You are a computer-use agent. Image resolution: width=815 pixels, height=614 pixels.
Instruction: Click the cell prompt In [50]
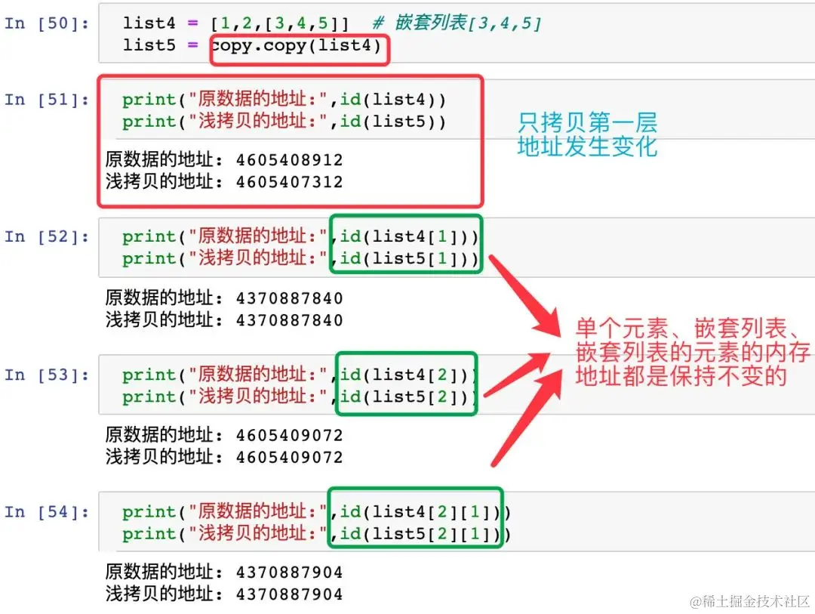(x=47, y=23)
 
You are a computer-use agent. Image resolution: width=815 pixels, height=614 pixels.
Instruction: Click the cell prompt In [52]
(x=47, y=237)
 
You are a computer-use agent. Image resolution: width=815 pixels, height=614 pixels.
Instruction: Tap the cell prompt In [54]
(x=47, y=513)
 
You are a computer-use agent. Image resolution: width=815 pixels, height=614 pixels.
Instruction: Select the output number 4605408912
(x=289, y=160)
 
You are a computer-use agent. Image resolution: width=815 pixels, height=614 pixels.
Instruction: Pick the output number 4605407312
(x=289, y=182)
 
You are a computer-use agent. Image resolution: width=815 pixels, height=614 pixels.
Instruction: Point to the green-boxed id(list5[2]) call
(x=406, y=396)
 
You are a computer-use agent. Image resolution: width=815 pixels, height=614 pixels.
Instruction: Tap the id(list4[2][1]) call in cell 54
(x=420, y=513)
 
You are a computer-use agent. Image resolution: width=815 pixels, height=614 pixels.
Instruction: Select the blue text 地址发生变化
(x=587, y=147)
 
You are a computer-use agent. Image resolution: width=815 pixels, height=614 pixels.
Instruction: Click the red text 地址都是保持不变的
(x=681, y=375)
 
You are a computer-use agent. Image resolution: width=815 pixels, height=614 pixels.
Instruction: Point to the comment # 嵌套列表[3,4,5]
(x=468, y=23)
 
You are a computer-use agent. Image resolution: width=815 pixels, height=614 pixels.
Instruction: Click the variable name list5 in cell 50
(x=149, y=45)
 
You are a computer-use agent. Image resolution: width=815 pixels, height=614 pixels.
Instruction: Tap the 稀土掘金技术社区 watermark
(x=749, y=601)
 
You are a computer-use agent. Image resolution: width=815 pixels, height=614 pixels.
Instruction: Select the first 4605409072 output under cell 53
(x=289, y=436)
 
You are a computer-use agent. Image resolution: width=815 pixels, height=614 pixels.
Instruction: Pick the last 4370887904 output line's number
(x=289, y=594)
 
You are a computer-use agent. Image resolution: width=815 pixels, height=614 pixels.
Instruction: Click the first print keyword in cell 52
(x=149, y=237)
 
